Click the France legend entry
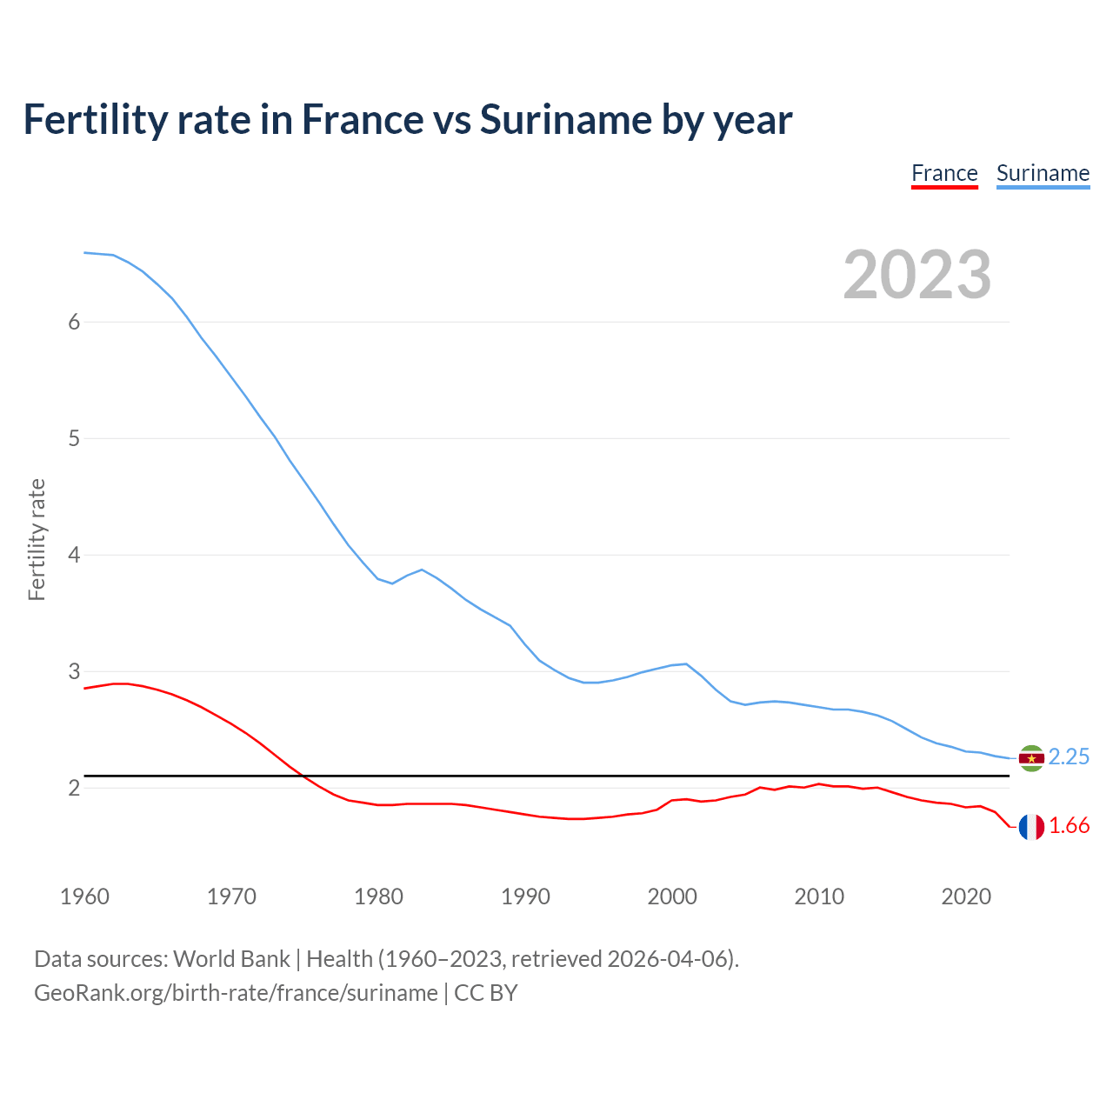point(944,174)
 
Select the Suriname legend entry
point(1043,174)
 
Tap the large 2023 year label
point(917,275)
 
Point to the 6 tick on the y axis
point(74,323)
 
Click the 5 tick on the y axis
point(74,439)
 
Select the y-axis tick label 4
point(74,556)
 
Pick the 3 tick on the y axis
point(74,672)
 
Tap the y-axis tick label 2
point(74,789)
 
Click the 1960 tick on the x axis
point(84,896)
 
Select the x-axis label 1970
point(231,896)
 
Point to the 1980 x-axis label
point(378,896)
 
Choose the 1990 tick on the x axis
point(525,896)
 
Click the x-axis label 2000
point(672,896)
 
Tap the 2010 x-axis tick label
point(819,896)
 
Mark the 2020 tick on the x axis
point(966,896)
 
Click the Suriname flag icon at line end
point(1031,758)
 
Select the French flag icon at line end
point(1031,827)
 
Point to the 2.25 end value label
point(1069,757)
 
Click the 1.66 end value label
point(1069,826)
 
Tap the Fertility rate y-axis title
point(37,539)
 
